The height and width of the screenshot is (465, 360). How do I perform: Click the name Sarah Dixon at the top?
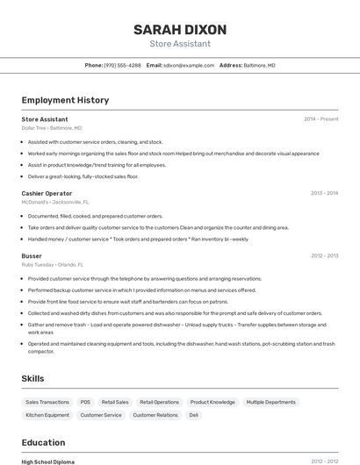[180, 29]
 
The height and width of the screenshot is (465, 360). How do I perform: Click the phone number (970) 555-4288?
[122, 65]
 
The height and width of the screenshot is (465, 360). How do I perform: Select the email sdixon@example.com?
[187, 65]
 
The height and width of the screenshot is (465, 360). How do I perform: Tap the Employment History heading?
[65, 100]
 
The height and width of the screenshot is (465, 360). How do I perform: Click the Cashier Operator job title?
[47, 193]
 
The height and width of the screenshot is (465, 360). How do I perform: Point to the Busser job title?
[32, 255]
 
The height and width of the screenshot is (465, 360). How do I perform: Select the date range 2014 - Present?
[320, 118]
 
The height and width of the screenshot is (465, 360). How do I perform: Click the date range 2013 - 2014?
[324, 193]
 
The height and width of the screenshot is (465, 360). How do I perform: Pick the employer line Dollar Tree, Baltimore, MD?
[52, 128]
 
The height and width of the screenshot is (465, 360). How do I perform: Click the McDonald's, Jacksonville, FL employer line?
[56, 202]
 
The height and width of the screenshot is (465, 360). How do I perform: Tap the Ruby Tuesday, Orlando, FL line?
[53, 264]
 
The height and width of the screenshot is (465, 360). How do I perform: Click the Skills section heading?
[33, 378]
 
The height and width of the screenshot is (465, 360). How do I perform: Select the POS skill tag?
[85, 402]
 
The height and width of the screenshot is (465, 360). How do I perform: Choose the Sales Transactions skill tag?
[47, 402]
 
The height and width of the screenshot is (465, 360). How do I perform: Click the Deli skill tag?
[194, 415]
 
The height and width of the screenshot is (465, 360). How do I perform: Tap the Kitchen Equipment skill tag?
[47, 415]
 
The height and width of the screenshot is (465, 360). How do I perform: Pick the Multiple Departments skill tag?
[271, 402]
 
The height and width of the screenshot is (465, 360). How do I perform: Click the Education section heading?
[43, 442]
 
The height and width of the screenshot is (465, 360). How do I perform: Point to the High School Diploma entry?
[48, 461]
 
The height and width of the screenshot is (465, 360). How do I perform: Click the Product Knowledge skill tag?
[212, 402]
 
